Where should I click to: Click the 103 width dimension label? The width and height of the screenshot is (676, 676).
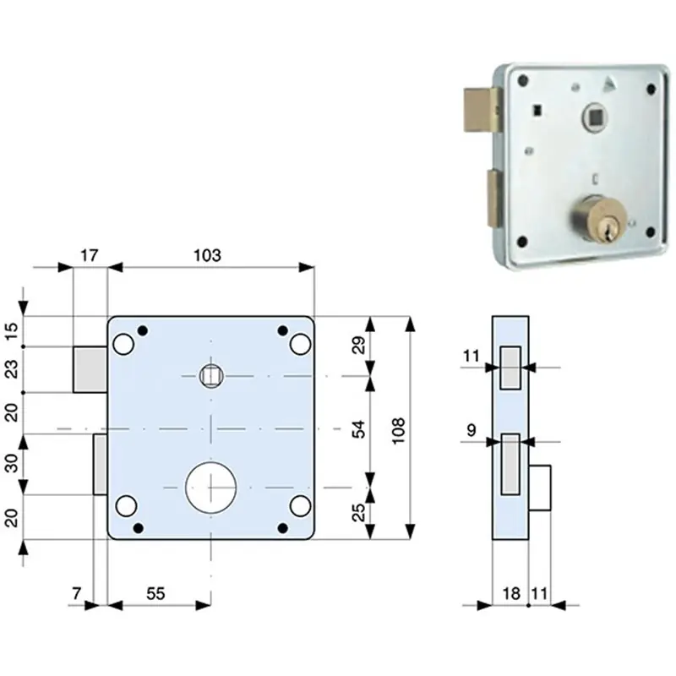tap(207, 256)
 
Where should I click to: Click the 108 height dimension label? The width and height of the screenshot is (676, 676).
tap(398, 430)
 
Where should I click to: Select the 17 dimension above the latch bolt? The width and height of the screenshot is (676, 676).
tap(90, 256)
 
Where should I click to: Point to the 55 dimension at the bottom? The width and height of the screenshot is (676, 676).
tap(155, 594)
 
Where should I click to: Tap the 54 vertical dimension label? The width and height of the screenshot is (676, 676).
tap(358, 429)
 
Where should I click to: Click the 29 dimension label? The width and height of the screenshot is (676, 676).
tap(358, 345)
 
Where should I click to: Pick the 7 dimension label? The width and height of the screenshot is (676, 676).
tap(76, 594)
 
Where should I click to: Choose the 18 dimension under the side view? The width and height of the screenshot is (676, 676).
tap(511, 594)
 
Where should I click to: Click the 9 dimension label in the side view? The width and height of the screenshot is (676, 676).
tap(472, 430)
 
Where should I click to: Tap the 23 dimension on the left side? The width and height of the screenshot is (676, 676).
tap(13, 369)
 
